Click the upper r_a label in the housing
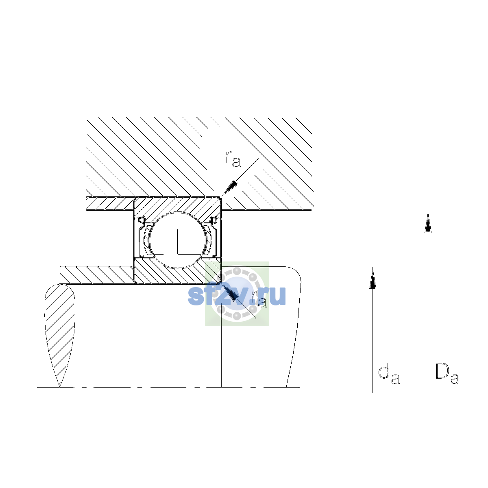click(233, 159)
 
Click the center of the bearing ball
click(178, 240)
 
